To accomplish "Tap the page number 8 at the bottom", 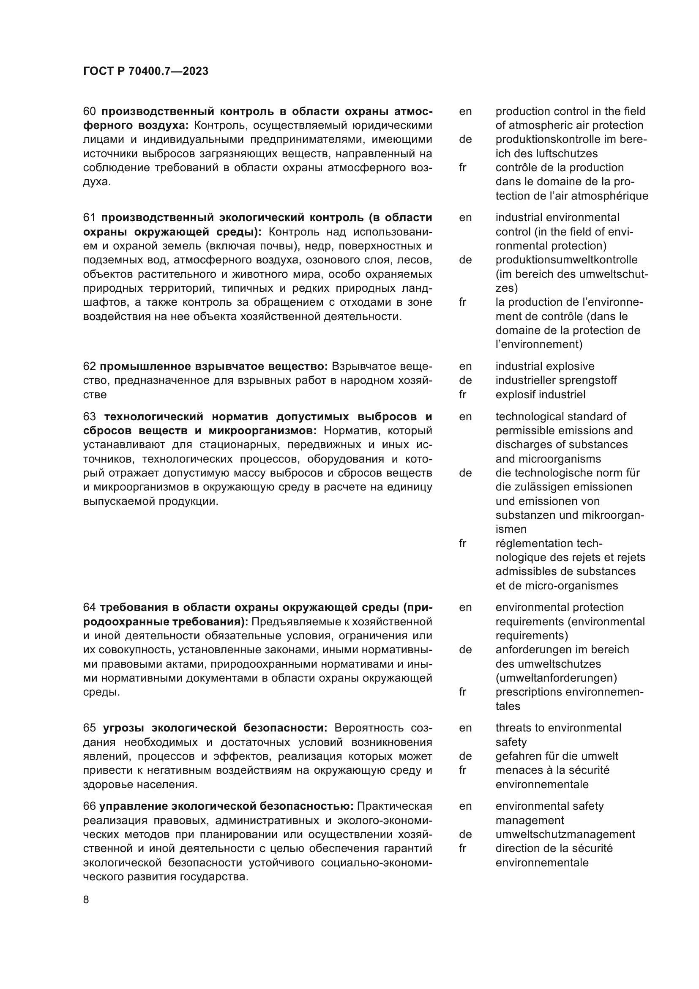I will tap(86, 899).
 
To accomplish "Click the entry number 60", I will tap(89, 112).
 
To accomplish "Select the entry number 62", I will tap(89, 367).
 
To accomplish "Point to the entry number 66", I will tap(89, 806).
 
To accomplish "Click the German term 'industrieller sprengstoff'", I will tap(556, 381).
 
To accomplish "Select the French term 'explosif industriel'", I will tap(540, 395).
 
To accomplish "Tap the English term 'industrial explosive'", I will tap(544, 367).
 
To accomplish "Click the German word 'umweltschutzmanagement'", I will tap(565, 834).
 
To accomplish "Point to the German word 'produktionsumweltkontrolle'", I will tap(566, 260).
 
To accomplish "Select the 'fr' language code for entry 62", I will tap(463, 395).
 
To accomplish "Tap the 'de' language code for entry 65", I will tap(465, 756).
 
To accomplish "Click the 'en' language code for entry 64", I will tap(465, 607).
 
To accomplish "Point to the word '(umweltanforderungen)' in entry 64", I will tap(556, 678).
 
